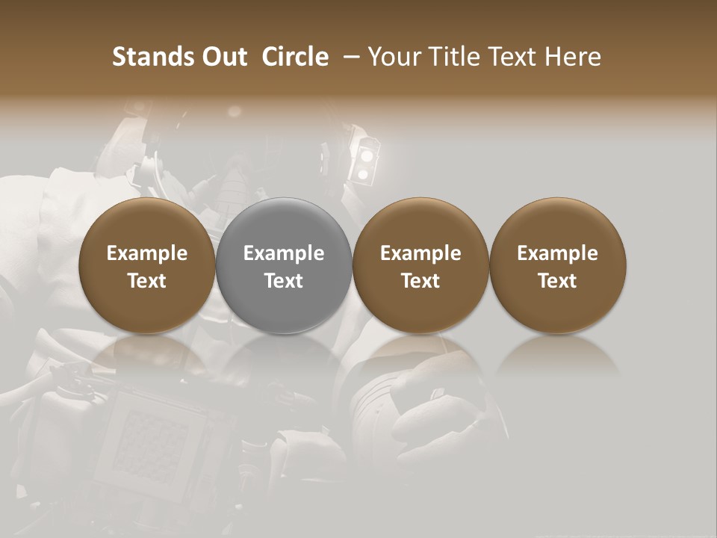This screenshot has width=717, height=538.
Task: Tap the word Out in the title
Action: point(223,57)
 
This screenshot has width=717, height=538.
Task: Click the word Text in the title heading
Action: point(515,57)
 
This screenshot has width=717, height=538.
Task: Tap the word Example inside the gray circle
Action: point(284,253)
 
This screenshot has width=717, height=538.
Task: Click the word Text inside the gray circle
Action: point(284,281)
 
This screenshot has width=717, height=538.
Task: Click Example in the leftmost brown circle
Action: point(147,253)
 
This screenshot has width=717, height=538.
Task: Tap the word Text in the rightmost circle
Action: point(558,281)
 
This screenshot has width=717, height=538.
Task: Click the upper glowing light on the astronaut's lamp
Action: point(366,154)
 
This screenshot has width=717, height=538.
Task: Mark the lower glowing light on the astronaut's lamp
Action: point(364,175)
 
